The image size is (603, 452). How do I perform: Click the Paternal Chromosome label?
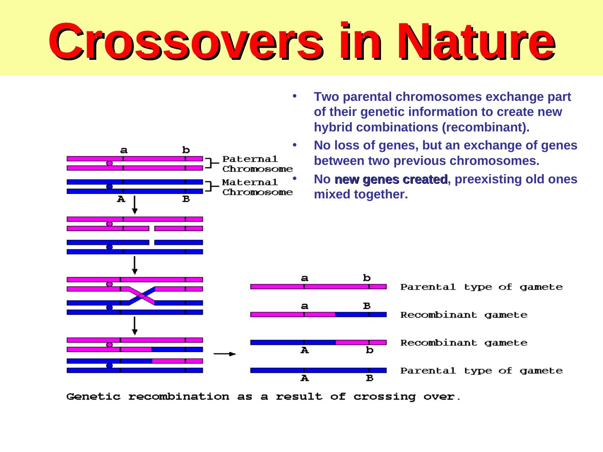pos(257,164)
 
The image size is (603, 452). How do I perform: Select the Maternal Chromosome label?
pos(257,187)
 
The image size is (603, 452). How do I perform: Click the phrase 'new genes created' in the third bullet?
pos(391,180)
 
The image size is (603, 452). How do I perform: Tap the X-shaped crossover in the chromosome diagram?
pos(142,295)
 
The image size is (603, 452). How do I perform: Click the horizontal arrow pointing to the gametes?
pos(225,354)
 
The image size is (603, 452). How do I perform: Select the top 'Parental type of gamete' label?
pos(482,287)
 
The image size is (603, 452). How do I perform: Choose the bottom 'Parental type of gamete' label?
pos(482,371)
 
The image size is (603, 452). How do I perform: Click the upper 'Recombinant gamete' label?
pos(464,315)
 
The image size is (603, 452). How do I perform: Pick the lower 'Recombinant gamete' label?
pos(464,343)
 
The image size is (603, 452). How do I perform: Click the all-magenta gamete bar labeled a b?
pos(318,287)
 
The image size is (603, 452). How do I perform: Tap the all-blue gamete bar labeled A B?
pos(318,370)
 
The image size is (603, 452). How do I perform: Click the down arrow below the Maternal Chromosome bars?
pos(134,205)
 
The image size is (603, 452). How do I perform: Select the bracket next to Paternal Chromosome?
pos(213,163)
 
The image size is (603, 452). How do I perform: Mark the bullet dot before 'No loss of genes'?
pos(294,145)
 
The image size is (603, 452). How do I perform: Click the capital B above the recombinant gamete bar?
pos(367,306)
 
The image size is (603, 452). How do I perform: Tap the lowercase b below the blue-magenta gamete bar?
pos(369,350)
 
